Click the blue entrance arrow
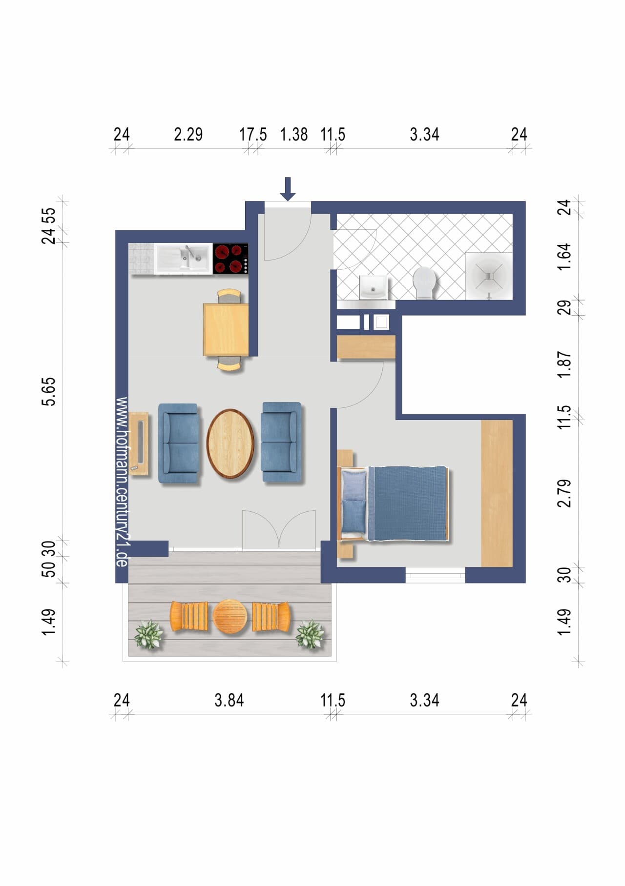point(288,189)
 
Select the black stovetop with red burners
point(230,259)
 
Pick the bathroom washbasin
point(374,287)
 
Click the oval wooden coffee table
point(230,443)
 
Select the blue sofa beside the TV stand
point(179,443)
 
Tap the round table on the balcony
point(230,617)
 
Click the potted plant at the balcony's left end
point(148,634)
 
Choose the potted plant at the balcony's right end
point(310,634)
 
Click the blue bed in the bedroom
point(393,503)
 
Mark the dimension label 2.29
point(188,134)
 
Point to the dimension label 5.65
point(49,391)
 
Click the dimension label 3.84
point(229,700)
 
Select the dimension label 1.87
point(564,364)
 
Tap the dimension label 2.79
point(564,493)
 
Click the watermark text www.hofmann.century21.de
point(122,482)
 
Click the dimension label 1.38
point(294,134)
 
